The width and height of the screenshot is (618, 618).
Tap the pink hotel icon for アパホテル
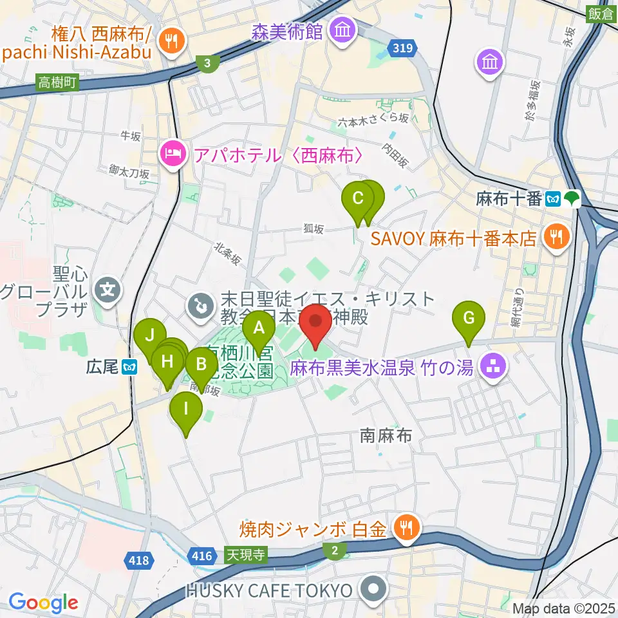(171, 155)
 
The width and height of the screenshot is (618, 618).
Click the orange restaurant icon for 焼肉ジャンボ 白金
(406, 529)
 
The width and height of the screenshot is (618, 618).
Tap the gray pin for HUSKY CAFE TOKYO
(372, 590)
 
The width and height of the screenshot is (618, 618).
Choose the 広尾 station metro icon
(131, 367)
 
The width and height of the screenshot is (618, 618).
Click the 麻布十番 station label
(509, 199)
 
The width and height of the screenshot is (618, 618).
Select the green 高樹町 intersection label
(57, 82)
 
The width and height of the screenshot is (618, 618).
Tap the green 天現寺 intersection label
(245, 555)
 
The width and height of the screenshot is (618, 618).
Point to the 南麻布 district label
(385, 436)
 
